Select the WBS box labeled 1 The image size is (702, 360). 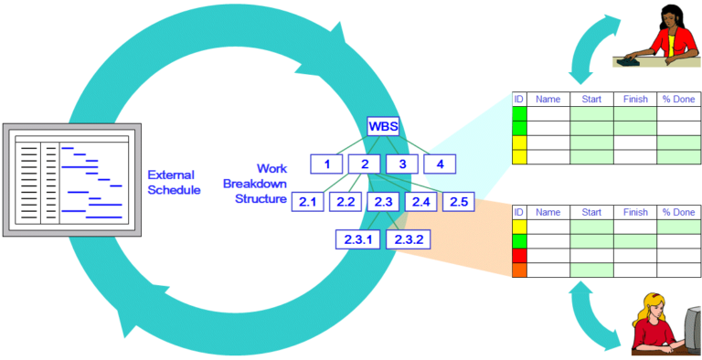pos(326,164)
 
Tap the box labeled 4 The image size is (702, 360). pos(440,164)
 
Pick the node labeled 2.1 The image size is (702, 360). pos(308,202)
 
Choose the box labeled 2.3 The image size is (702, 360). pos(383,202)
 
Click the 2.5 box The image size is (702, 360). pos(459,202)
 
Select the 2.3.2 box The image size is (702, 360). pos(408,239)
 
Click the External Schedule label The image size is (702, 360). pos(175,183)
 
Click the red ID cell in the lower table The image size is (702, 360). pos(519,255)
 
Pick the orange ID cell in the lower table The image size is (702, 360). pos(519,270)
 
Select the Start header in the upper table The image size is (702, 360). pos(591,98)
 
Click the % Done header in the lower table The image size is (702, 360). pos(678,212)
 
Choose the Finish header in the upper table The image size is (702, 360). pos(634,98)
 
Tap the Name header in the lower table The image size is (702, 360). pos(548,212)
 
